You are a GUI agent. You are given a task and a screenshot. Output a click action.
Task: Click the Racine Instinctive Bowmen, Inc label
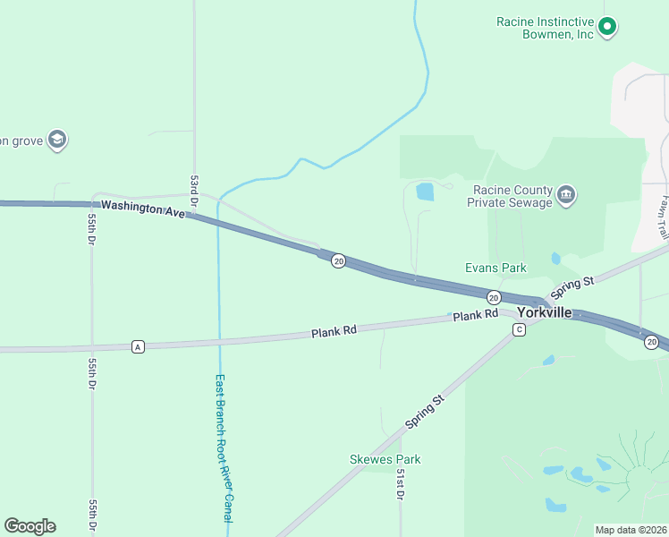pos(545,28)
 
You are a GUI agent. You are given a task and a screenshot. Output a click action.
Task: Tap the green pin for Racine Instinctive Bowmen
pos(608,28)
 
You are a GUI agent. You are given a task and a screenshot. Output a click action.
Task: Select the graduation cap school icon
pos(58,140)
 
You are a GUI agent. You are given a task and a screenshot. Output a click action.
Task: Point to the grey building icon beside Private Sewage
pos(565,194)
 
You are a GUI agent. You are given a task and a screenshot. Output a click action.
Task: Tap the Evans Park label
pos(495,268)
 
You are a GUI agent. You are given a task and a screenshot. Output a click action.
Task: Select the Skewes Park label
pos(385,459)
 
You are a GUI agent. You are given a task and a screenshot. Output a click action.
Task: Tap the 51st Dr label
pos(402,483)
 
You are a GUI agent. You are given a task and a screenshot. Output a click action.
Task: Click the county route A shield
pos(138,346)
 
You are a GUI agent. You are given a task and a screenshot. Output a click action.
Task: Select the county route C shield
pos(519,330)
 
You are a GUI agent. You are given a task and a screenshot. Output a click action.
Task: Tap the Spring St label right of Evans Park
pos(572,287)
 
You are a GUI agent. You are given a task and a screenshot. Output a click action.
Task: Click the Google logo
pos(30,526)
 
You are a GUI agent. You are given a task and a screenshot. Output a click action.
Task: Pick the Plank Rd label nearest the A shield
pos(334,331)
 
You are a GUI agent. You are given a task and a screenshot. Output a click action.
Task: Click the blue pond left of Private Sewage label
pos(425,191)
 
